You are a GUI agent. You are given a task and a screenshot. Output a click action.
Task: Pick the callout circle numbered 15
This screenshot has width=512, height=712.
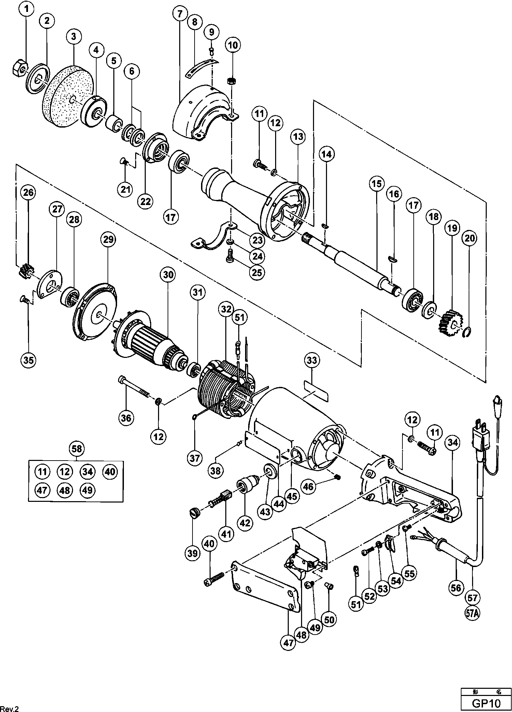[376, 184]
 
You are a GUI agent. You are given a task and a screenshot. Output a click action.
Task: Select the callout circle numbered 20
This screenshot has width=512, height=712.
[470, 238]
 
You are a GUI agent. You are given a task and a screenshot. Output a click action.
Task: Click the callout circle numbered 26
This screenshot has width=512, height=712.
[28, 193]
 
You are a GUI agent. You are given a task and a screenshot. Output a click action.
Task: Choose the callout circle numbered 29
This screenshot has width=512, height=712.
[108, 239]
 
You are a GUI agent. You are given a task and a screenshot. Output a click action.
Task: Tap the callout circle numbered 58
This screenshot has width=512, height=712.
[77, 449]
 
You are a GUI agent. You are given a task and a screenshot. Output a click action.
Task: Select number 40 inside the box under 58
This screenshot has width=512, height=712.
[110, 472]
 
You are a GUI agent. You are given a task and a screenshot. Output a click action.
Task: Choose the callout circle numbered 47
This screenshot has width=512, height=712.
[289, 643]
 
